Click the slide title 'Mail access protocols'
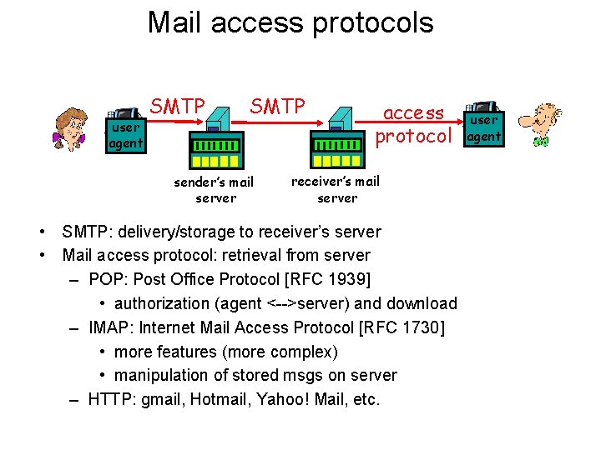coord(290,22)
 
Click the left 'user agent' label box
coord(126,136)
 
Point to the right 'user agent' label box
coord(483,128)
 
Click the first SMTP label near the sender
coord(178,107)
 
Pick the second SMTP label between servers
coord(278,107)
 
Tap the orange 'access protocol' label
coord(413,124)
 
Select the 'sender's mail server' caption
coord(215,190)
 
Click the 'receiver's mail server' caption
coord(336,189)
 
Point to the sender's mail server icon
coord(215,139)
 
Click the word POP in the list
coord(106,279)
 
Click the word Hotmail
coord(219,400)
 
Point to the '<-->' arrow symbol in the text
coord(287,303)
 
